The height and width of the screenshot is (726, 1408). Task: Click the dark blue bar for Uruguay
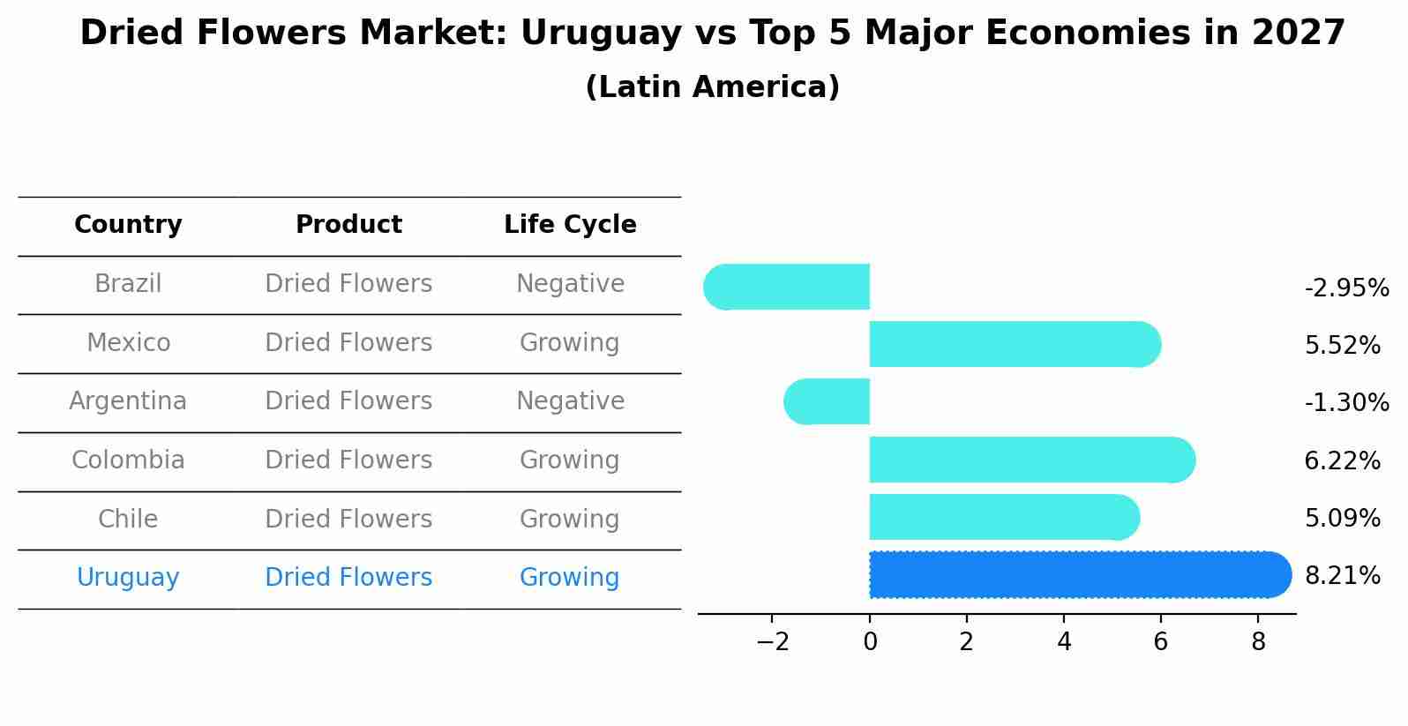(1076, 575)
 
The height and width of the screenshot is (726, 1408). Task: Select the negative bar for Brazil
(790, 288)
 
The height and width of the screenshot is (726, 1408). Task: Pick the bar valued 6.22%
(1028, 460)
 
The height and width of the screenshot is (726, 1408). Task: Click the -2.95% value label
(1346, 288)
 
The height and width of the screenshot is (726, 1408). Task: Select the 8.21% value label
(1342, 576)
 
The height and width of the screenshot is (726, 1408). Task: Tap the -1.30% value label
(1346, 403)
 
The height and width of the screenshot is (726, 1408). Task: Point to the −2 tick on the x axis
(772, 642)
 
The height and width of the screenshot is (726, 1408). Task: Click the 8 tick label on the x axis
(1258, 642)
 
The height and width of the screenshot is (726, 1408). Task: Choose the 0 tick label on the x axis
(870, 642)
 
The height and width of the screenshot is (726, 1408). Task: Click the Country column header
(128, 225)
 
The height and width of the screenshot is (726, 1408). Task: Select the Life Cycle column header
(570, 225)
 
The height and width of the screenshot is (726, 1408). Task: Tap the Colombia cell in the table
(128, 460)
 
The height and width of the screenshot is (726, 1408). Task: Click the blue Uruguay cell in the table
(128, 578)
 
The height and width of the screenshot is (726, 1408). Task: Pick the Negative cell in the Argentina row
(570, 401)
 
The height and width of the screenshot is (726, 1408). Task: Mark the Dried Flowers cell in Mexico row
(348, 343)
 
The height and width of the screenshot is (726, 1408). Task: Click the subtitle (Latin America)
(712, 87)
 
